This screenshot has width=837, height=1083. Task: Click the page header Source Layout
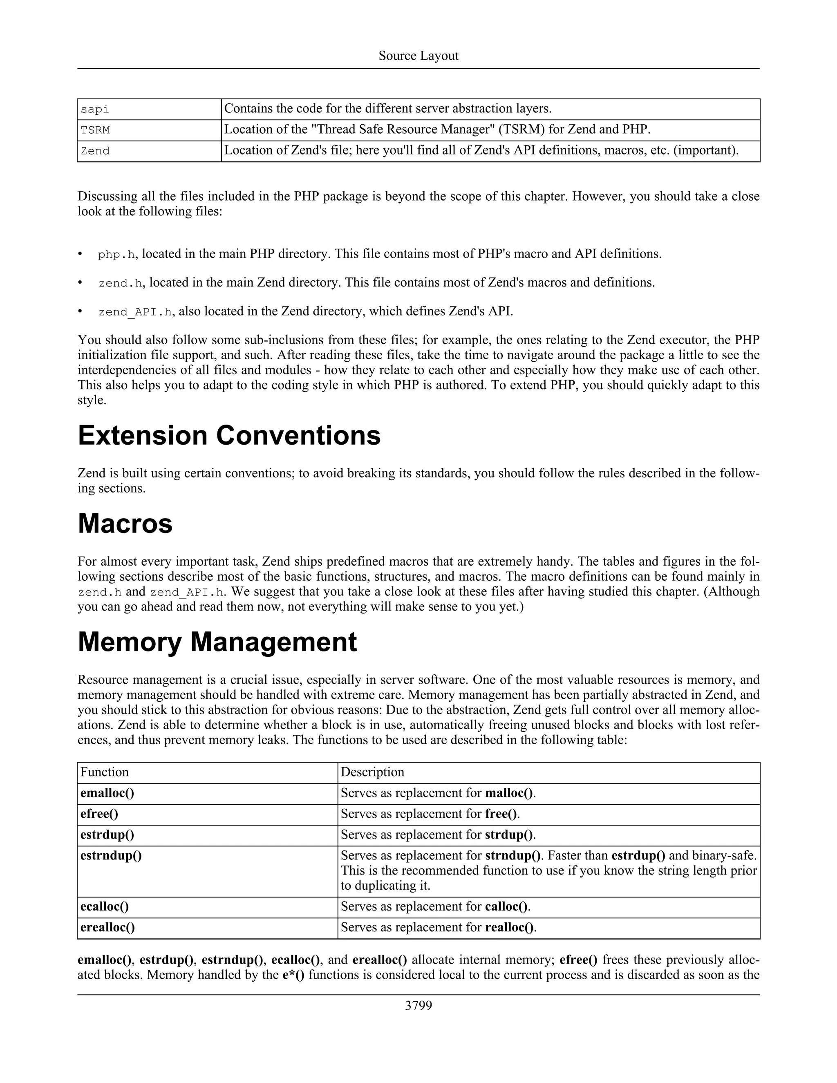[x=418, y=56]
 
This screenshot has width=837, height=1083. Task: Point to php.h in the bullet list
[x=116, y=254]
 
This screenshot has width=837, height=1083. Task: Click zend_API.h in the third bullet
[x=135, y=312]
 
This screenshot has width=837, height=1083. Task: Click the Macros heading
[x=125, y=523]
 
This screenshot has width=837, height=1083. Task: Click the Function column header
[x=105, y=772]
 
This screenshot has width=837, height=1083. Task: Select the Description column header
[x=372, y=772]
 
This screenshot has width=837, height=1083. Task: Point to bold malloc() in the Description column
[x=509, y=793]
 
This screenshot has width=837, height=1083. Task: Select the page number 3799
[x=418, y=1005]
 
